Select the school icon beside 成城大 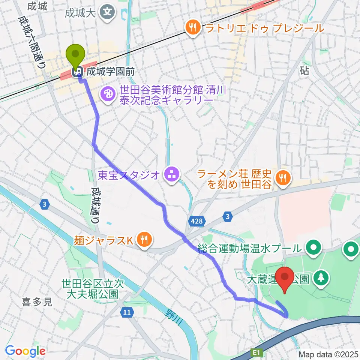point(108,13)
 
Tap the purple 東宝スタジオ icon point(172,174)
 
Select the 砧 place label point(304,71)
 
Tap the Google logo point(25,351)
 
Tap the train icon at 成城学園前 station point(79,70)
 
